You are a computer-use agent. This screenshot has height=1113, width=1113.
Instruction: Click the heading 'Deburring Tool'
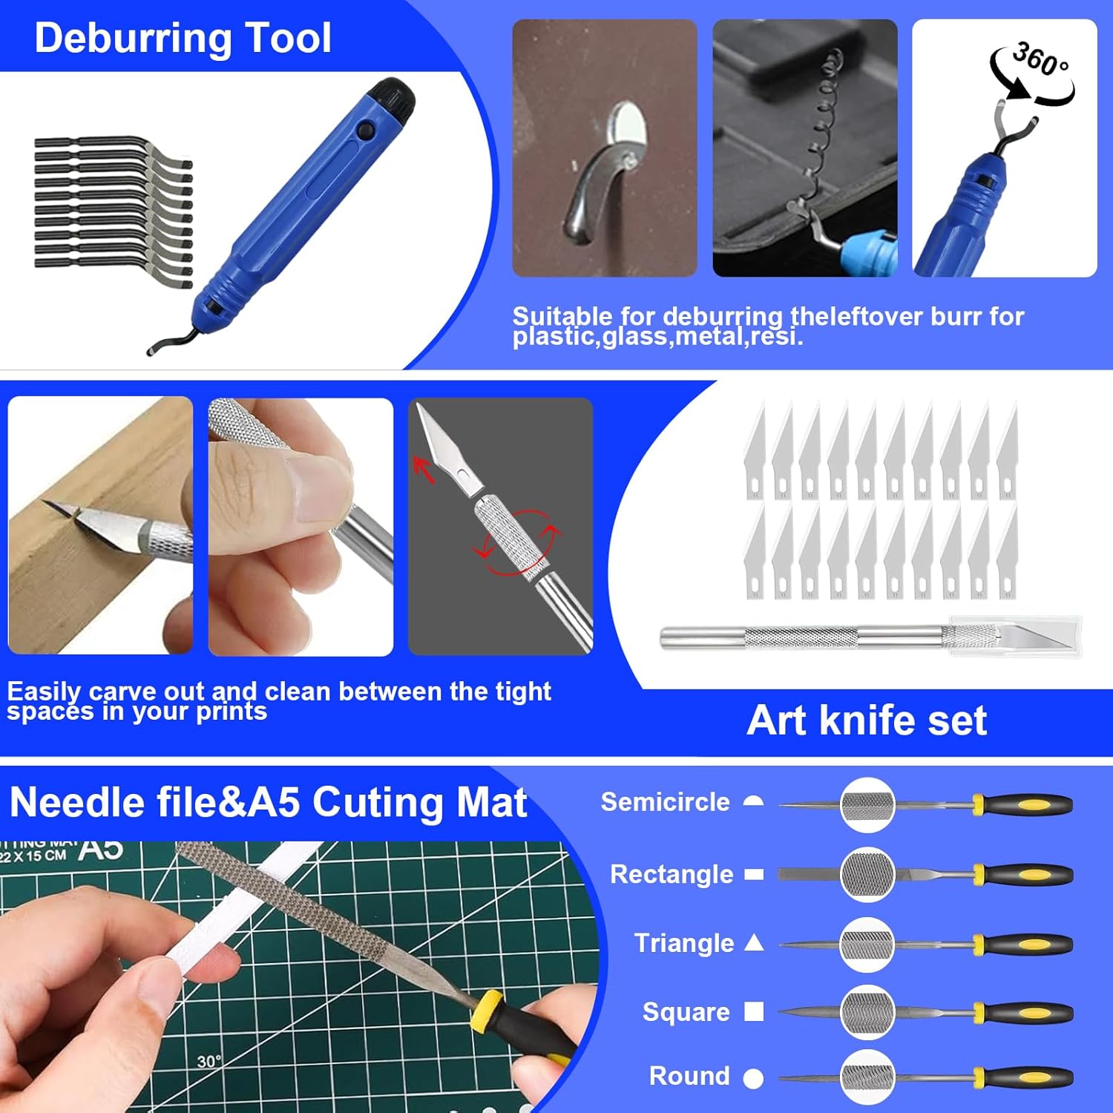[183, 38]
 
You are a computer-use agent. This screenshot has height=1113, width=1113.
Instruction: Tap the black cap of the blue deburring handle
[394, 97]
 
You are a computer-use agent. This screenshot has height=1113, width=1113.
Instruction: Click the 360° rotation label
[1040, 60]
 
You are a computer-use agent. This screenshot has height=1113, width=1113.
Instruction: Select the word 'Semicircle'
[665, 802]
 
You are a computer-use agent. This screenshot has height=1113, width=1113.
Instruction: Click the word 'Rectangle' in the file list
[671, 874]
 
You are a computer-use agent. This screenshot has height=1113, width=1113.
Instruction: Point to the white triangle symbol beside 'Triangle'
[754, 943]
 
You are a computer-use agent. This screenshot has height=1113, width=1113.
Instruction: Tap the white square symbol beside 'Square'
[754, 1011]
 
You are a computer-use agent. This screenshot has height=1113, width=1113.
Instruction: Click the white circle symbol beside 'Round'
[753, 1078]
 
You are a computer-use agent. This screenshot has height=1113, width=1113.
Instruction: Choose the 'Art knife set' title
[867, 720]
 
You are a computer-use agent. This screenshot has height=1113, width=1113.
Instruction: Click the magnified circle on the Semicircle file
[867, 804]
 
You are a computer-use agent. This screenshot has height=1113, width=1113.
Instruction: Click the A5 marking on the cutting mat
[102, 849]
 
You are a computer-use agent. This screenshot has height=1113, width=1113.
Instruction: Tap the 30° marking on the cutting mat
[209, 1062]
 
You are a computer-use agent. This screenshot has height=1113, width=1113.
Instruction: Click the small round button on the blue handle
[364, 131]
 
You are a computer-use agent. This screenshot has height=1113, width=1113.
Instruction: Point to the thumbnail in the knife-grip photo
[320, 486]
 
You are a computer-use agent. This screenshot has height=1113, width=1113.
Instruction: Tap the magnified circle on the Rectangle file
[867, 875]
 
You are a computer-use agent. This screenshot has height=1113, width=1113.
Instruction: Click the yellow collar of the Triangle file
[979, 945]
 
